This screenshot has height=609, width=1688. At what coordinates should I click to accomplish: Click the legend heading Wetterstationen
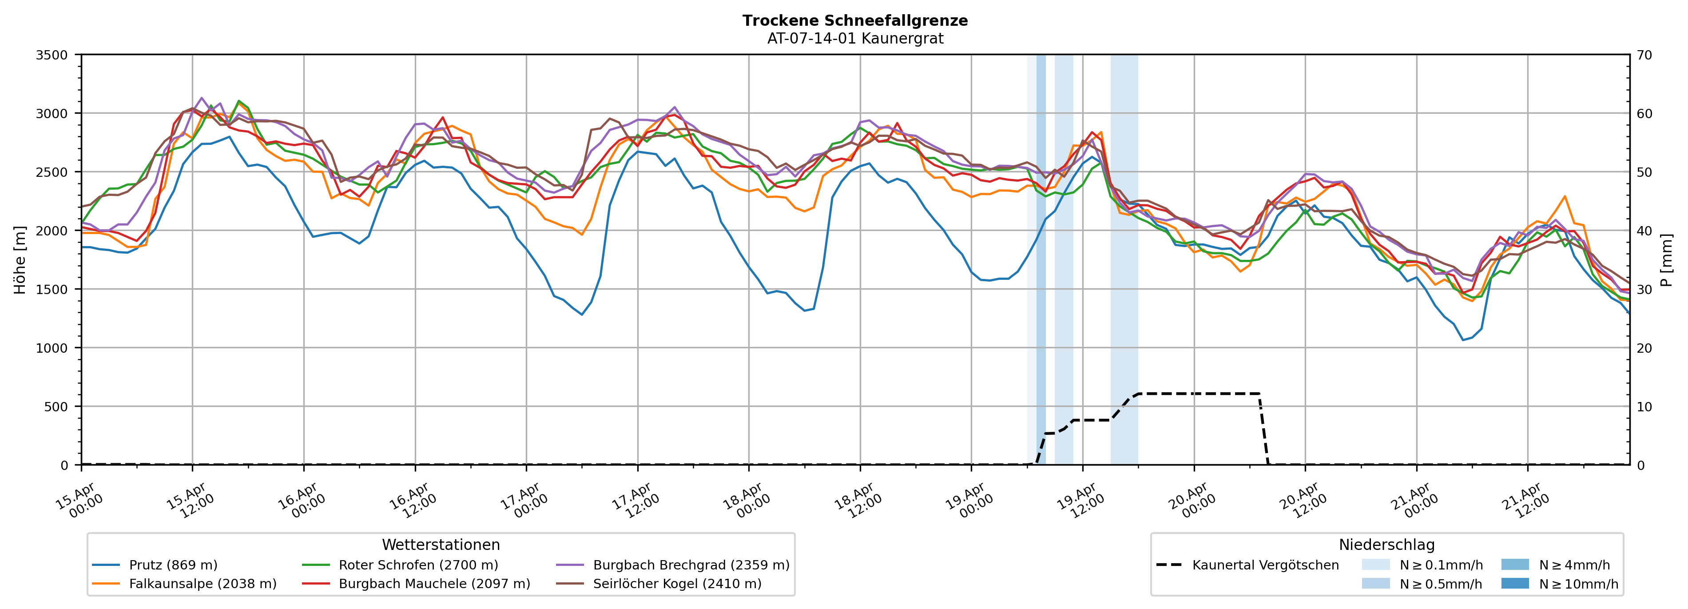441,545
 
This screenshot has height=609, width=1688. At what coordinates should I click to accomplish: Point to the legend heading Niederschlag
1386,545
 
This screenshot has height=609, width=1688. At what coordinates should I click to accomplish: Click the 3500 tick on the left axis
52,55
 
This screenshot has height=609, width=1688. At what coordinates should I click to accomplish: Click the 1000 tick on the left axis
52,348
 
